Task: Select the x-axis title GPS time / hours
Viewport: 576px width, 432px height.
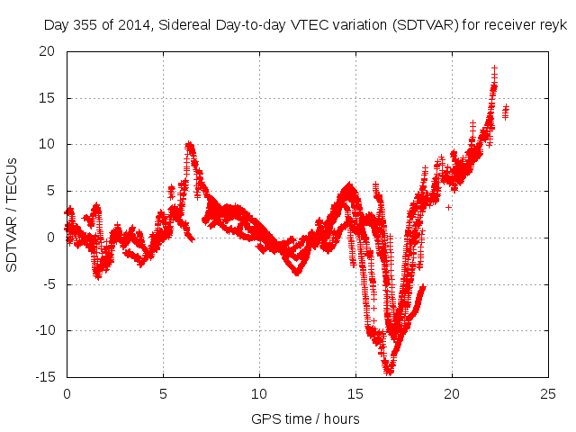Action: click(x=306, y=418)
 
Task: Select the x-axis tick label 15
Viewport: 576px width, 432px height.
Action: click(x=355, y=394)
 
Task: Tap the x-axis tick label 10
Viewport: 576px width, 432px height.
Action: click(x=259, y=394)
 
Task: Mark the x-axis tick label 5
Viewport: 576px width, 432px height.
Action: click(x=163, y=394)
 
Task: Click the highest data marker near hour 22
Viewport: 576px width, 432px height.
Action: click(x=494, y=67)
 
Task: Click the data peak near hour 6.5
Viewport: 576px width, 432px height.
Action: click(x=189, y=144)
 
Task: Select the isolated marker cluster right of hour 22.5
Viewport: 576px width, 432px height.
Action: click(x=506, y=112)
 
